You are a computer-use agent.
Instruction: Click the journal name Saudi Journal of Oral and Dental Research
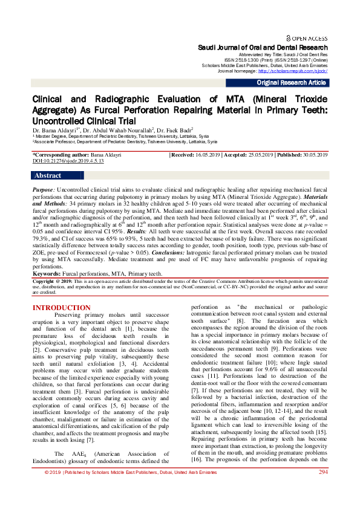click(x=263, y=47)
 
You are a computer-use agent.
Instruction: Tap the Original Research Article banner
click(x=292, y=82)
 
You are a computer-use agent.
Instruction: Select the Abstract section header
click(x=48, y=176)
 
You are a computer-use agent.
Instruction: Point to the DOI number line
click(x=68, y=161)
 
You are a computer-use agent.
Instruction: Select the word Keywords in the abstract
click(x=48, y=274)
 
